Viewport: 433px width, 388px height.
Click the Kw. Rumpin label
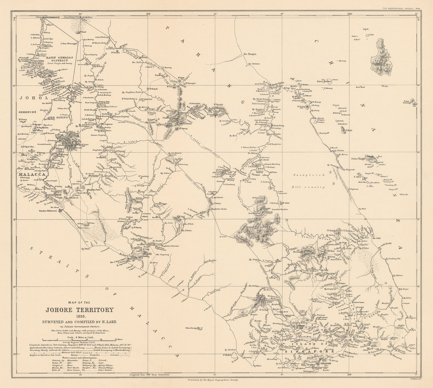(250, 54)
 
